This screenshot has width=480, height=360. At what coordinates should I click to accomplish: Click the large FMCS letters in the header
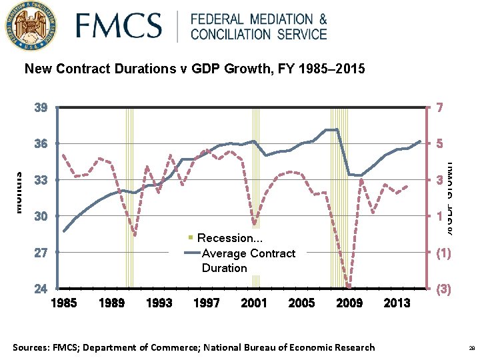coord(119,27)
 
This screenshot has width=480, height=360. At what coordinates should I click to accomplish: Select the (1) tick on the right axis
coord(443,253)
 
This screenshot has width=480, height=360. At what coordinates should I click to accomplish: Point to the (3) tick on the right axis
coord(443,290)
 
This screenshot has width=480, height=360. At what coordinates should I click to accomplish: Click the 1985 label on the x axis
coord(64,303)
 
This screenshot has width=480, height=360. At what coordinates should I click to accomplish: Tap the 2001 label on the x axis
coord(254,303)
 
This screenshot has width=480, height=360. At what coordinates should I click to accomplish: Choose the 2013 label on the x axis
coord(397,303)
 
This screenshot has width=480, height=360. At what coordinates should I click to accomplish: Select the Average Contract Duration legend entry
coord(247,260)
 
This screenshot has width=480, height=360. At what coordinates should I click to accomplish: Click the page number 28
coord(471,348)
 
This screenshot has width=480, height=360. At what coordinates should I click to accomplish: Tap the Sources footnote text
coord(194,347)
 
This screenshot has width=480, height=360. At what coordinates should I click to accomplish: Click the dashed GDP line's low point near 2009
coord(348,286)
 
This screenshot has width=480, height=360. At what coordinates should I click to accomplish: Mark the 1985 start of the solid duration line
coord(64,231)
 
